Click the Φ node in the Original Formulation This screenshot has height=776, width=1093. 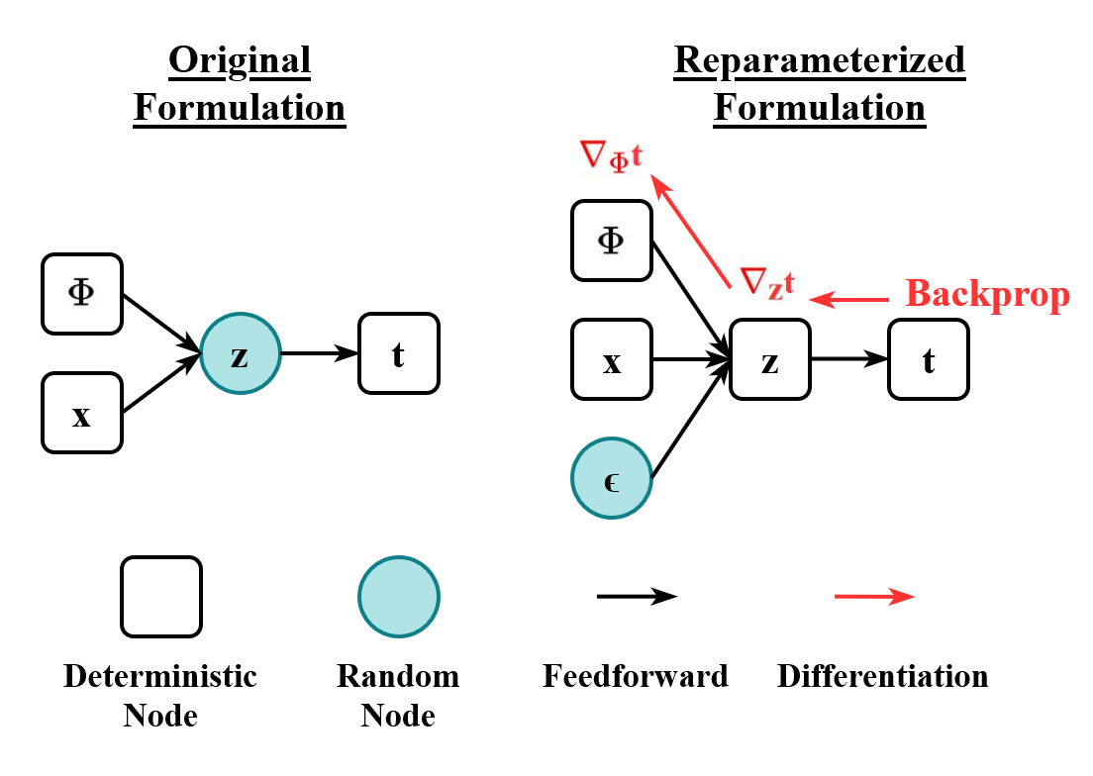(x=81, y=294)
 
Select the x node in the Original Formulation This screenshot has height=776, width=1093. (x=81, y=413)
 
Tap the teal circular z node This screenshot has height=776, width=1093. (x=240, y=353)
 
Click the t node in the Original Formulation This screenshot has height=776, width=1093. (x=398, y=353)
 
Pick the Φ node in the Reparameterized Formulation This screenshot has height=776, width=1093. (x=612, y=241)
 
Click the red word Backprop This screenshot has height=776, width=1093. (x=987, y=295)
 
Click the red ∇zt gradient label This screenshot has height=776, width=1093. (x=766, y=283)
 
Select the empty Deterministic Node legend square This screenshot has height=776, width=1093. (x=161, y=596)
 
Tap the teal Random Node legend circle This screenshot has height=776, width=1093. (x=398, y=596)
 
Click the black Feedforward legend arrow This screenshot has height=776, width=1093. (x=636, y=596)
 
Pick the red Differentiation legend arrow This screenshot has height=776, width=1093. (x=873, y=596)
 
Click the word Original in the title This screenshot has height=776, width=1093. (x=240, y=61)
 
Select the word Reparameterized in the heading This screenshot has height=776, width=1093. (x=820, y=61)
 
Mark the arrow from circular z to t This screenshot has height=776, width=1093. (x=319, y=353)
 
